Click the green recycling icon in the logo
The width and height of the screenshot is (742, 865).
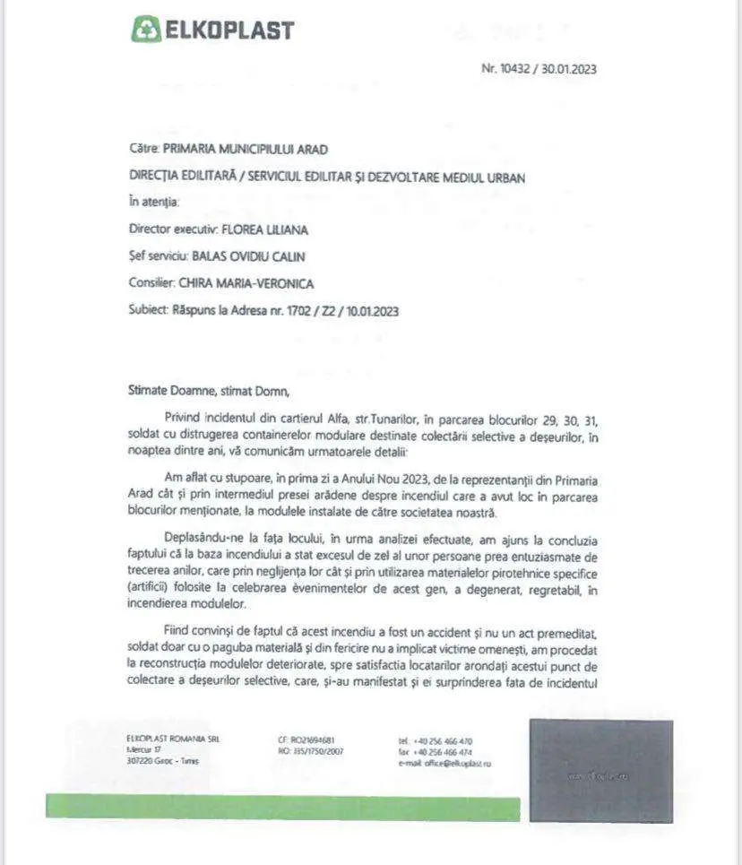[x=143, y=29]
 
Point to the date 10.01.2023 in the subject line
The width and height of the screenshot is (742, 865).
[x=367, y=311]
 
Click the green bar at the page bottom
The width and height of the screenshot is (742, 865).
[x=282, y=807]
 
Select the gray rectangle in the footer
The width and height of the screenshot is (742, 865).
[x=600, y=771]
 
